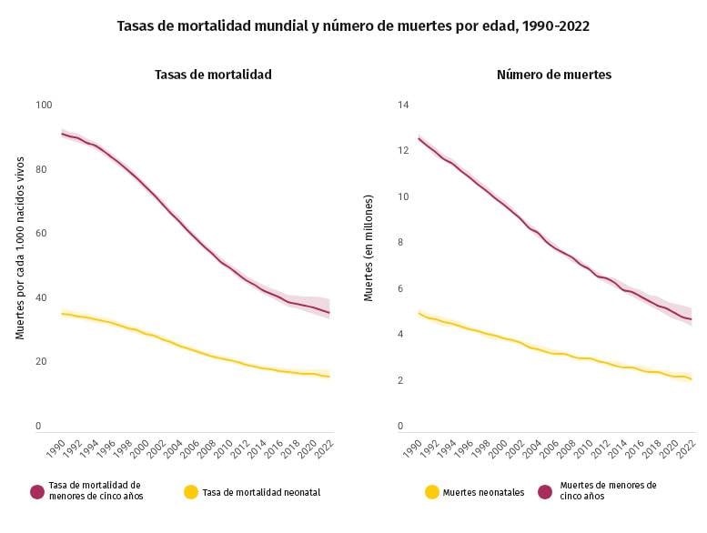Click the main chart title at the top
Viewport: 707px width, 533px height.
pyautogui.click(x=353, y=26)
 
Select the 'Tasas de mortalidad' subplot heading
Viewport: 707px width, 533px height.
pyautogui.click(x=213, y=74)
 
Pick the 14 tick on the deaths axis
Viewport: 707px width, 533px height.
pyautogui.click(x=403, y=105)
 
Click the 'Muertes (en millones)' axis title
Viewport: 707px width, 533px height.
pyautogui.click(x=369, y=247)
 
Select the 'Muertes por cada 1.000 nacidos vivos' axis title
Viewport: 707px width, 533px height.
pyautogui.click(x=19, y=247)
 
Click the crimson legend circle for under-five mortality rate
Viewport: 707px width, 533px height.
pyautogui.click(x=37, y=492)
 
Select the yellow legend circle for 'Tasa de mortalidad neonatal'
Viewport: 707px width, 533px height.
pyautogui.click(x=190, y=492)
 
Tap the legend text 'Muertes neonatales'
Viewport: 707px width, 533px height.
pyautogui.click(x=483, y=492)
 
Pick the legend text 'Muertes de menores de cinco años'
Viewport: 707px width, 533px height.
pyautogui.click(x=608, y=491)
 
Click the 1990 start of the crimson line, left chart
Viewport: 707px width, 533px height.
pyautogui.click(x=62, y=134)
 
